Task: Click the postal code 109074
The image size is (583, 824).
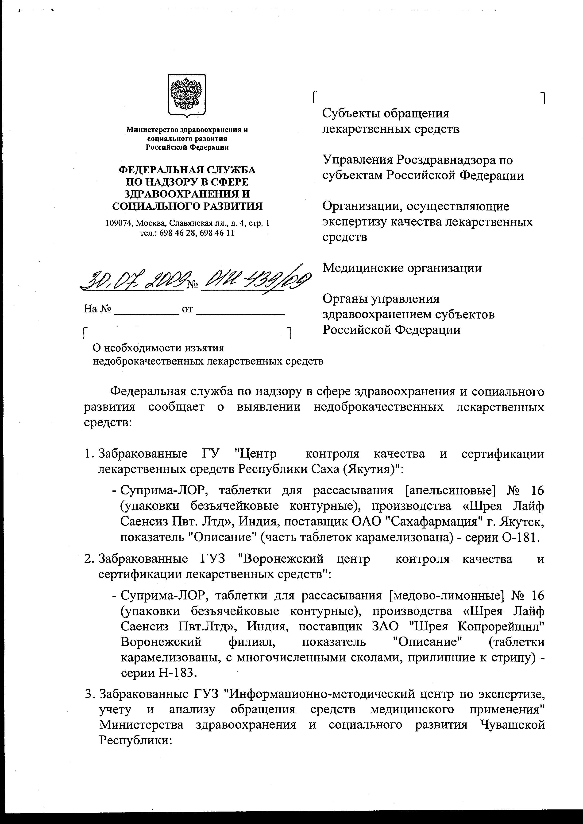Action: [119, 223]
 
